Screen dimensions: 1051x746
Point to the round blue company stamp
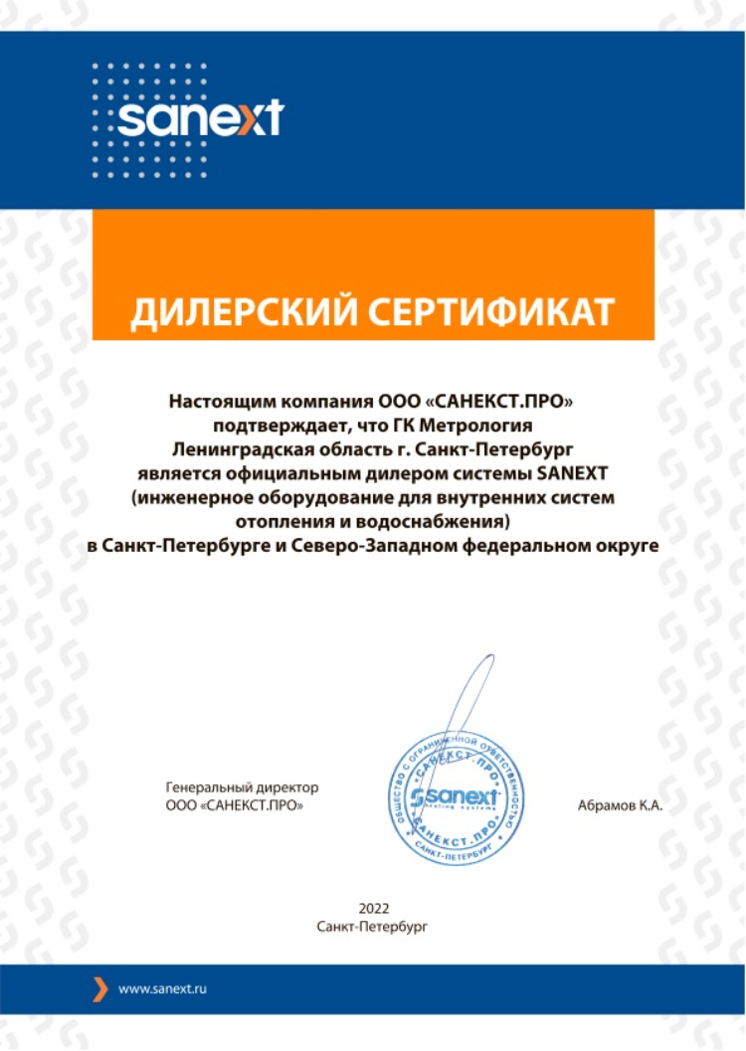456,796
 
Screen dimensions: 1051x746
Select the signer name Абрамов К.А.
620,805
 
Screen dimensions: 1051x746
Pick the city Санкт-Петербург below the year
372,926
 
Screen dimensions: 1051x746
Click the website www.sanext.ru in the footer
162,989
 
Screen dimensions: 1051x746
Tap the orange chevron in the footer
99,989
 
